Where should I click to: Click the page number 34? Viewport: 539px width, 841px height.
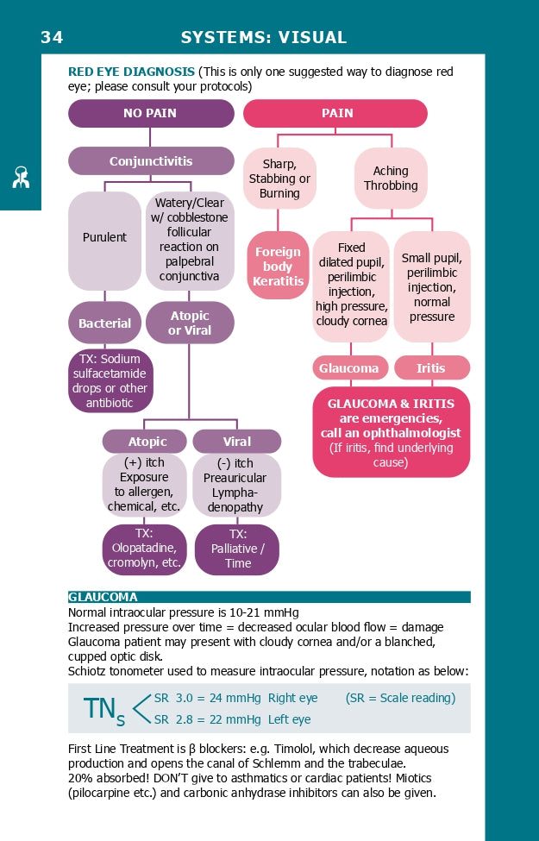pos(52,37)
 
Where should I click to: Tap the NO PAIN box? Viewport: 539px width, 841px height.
pos(151,113)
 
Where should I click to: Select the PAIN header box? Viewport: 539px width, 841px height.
pos(336,113)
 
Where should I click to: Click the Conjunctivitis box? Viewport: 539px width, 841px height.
pos(151,161)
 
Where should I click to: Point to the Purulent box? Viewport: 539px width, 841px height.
pos(104,238)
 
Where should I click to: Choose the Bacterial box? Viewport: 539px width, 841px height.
pos(104,323)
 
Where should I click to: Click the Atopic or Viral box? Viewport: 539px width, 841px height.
pos(190,323)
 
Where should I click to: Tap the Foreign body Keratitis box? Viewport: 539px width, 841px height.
pos(278,266)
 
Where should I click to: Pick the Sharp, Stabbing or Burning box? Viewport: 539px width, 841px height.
pos(279,179)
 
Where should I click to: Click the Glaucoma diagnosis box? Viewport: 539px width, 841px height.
pos(348,368)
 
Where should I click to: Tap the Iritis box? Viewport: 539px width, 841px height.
pos(431,368)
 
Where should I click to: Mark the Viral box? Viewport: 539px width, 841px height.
pos(236,442)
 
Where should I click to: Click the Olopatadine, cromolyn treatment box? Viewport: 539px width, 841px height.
pos(144,549)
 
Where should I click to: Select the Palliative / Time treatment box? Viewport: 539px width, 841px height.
pos(237,549)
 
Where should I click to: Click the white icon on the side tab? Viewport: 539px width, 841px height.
pos(21,176)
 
